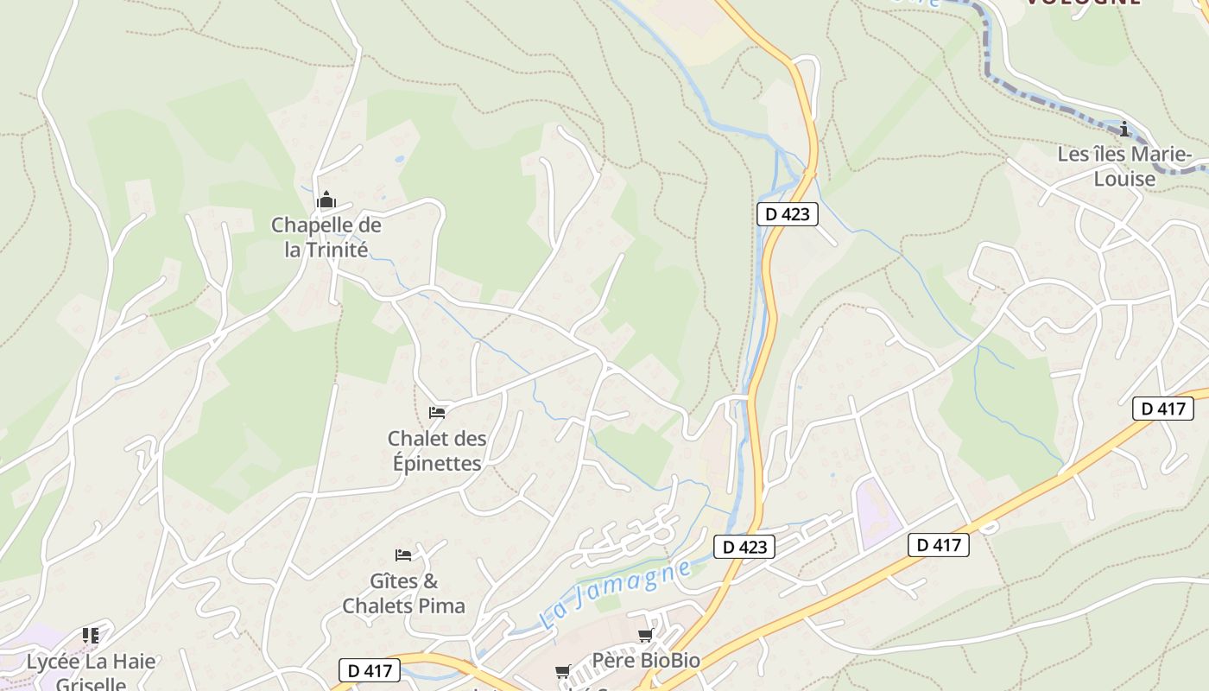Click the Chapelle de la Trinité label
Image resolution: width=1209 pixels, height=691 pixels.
click(326, 238)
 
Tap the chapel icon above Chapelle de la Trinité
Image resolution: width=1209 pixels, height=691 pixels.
click(326, 201)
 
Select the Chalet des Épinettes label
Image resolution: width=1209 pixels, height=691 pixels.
click(436, 451)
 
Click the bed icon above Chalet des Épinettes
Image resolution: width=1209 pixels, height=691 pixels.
click(437, 412)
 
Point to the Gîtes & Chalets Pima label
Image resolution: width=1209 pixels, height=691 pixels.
click(403, 593)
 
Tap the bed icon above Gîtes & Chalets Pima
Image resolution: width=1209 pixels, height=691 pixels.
click(403, 555)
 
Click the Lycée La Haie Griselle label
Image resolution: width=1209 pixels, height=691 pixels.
click(91, 673)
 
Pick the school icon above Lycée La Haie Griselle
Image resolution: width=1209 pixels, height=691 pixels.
click(91, 636)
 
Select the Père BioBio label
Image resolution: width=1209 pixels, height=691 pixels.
click(646, 661)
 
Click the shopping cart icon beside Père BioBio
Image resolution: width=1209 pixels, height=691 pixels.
click(645, 636)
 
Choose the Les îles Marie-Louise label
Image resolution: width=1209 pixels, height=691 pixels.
click(1124, 167)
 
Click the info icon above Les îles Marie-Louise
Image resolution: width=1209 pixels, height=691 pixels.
click(1124, 130)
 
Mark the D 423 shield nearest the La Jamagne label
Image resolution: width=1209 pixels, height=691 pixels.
click(744, 547)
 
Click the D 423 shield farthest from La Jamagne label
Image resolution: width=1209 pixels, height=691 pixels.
click(787, 214)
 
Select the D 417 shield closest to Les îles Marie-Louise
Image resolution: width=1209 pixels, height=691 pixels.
click(1162, 409)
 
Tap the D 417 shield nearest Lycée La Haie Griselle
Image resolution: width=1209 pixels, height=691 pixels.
click(370, 670)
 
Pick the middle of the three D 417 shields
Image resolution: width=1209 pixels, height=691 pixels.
click(938, 545)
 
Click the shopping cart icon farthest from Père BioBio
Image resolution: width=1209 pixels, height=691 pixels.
click(563, 671)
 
